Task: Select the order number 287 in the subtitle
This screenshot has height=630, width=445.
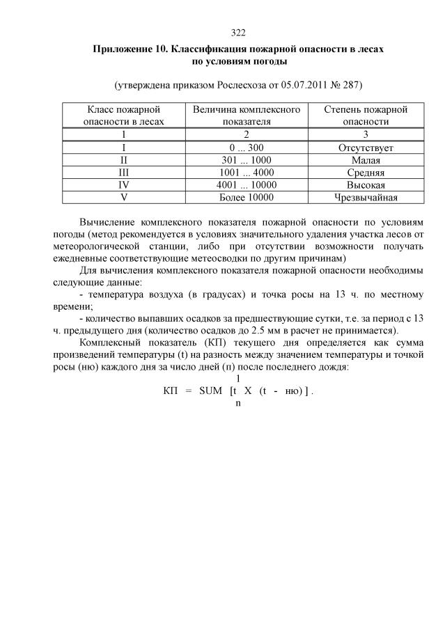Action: coord(354,86)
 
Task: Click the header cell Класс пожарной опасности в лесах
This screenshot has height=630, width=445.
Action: coord(123,116)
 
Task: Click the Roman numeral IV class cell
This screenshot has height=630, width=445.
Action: coord(123,184)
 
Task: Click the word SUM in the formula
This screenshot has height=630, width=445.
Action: coord(210,391)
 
